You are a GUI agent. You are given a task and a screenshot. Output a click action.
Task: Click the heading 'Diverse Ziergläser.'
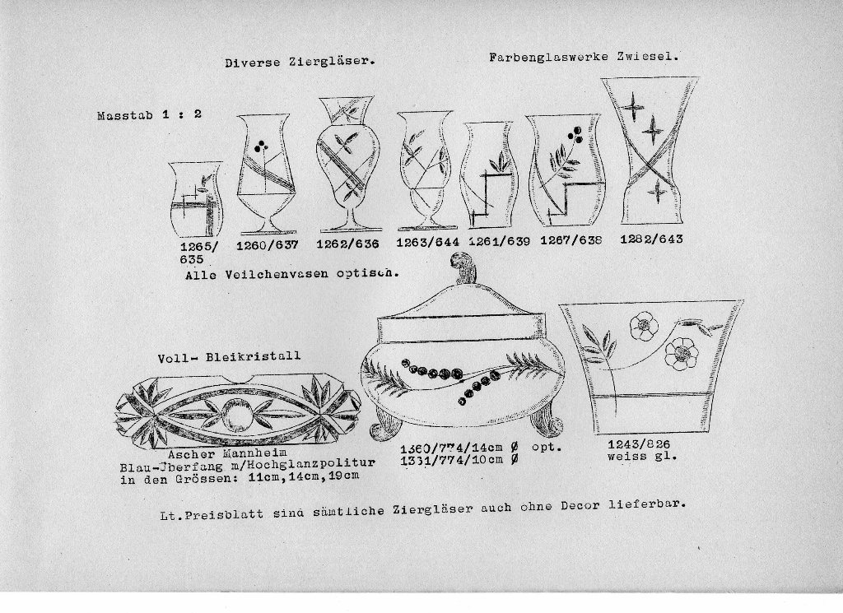tap(300, 62)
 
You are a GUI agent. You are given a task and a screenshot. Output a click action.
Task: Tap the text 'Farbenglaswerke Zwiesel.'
tap(584, 57)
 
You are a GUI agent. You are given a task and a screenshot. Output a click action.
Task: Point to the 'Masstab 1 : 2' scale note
tap(150, 114)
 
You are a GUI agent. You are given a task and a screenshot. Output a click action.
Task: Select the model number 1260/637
tap(268, 245)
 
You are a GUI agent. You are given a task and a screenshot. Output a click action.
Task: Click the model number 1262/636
tap(347, 244)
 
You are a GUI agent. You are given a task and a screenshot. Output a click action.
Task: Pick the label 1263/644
tap(427, 242)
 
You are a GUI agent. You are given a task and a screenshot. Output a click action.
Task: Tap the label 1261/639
tap(499, 241)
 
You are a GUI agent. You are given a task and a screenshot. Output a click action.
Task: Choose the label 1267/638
tap(571, 240)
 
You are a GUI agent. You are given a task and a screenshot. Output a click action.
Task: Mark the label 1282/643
tap(651, 239)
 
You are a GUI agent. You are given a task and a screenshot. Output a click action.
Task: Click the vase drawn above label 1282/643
tap(650, 151)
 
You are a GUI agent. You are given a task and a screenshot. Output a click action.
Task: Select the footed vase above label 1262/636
tap(347, 164)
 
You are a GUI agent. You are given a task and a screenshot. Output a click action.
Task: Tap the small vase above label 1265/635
tap(196, 199)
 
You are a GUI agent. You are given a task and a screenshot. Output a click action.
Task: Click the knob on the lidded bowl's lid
tap(463, 267)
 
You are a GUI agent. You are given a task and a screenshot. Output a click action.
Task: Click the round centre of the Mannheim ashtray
tap(236, 414)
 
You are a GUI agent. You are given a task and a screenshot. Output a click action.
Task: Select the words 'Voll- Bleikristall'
tap(229, 357)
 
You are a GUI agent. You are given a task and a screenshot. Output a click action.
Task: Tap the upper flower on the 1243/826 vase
tap(643, 326)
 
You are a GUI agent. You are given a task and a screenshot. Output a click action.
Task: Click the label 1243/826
tap(639, 443)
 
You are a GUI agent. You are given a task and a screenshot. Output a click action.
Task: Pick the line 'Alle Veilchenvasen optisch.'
tap(292, 274)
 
